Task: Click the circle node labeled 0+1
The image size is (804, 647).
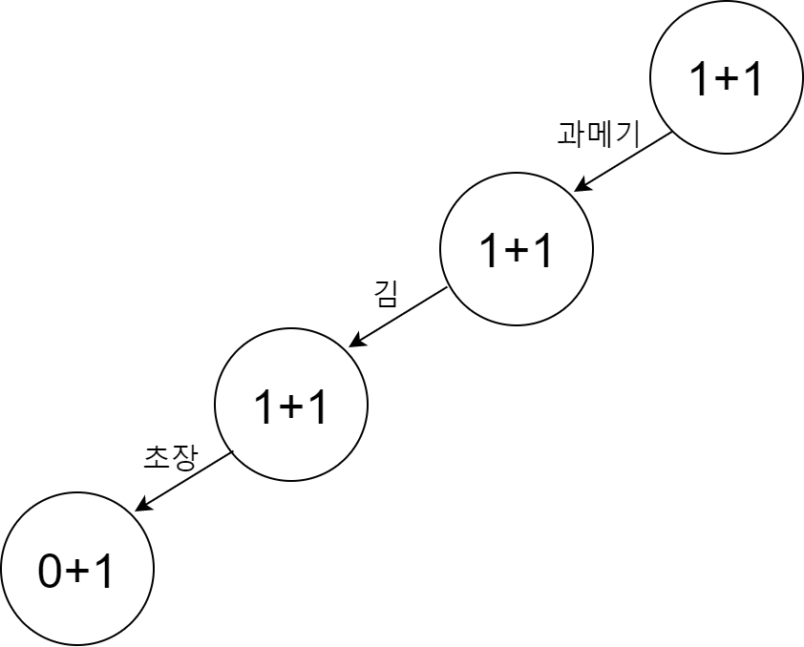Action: click(x=77, y=569)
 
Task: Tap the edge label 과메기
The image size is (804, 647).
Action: click(x=598, y=134)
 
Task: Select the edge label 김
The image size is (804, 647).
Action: click(x=385, y=293)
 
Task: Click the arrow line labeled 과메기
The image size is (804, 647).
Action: click(x=625, y=161)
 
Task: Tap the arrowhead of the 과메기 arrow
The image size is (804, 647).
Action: click(x=580, y=188)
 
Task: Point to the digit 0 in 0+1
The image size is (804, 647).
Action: click(x=50, y=572)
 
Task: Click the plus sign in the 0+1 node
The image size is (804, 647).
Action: click(x=77, y=573)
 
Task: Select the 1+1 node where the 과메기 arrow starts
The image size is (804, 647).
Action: click(x=727, y=78)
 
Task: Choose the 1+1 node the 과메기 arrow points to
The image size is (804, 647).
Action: click(x=517, y=249)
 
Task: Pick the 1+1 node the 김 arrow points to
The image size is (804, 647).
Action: click(x=291, y=406)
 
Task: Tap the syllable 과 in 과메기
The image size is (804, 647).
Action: click(x=571, y=134)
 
